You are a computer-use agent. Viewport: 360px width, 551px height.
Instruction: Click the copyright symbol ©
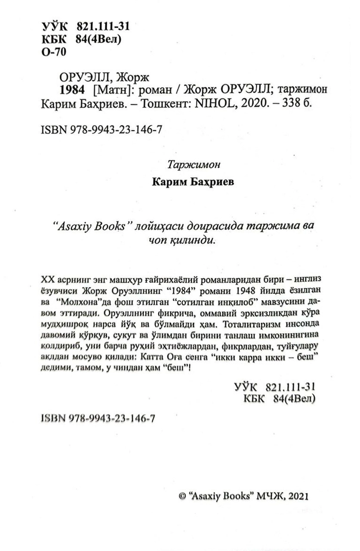click(181, 496)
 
